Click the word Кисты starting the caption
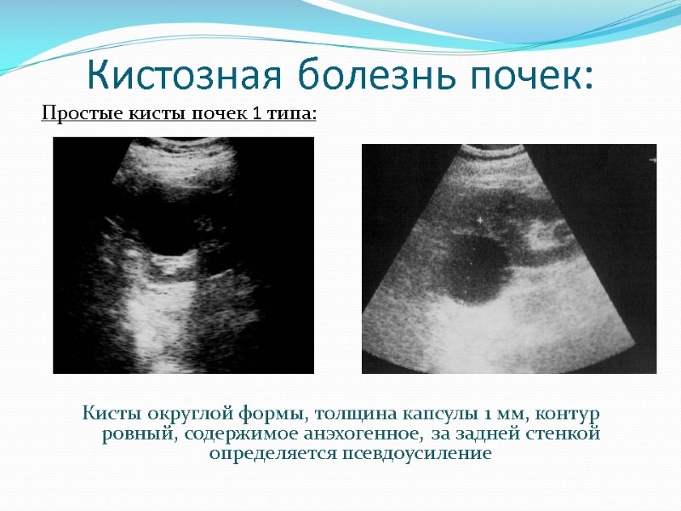pyautogui.click(x=110, y=415)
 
